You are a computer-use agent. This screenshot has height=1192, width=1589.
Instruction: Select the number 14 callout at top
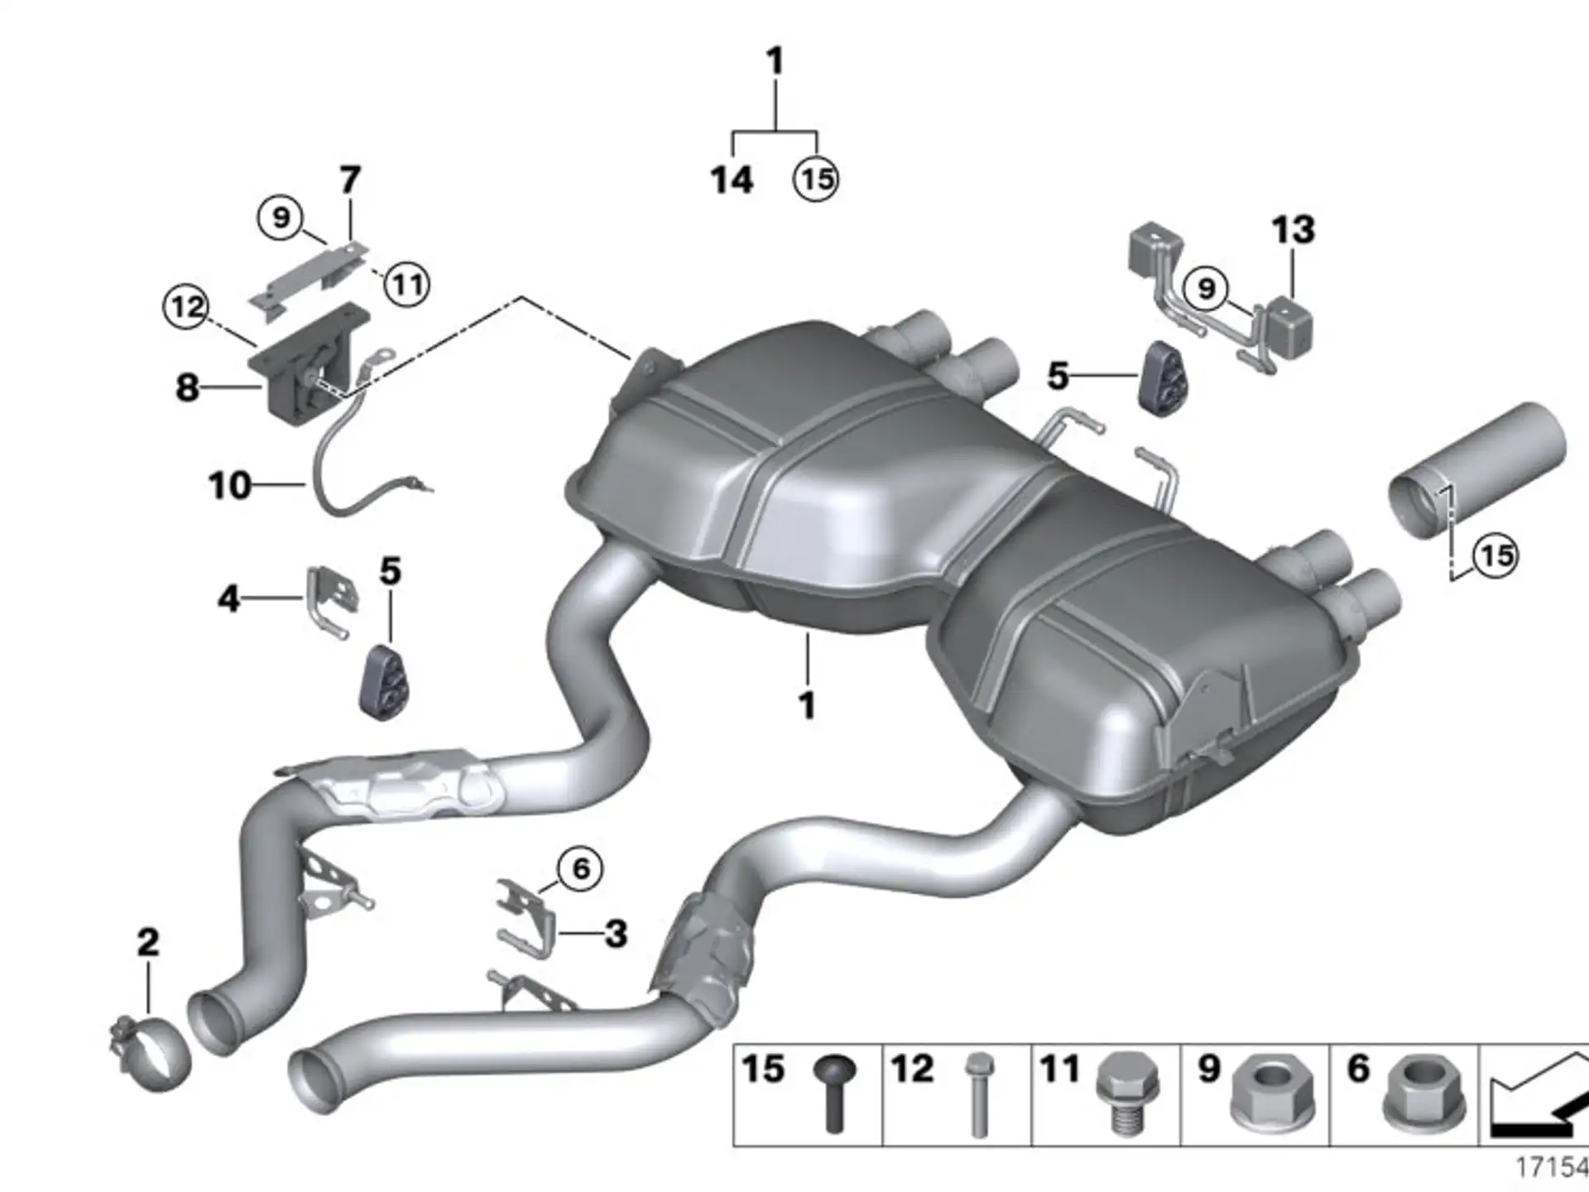pyautogui.click(x=732, y=180)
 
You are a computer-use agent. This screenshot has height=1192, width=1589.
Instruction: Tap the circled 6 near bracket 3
pyautogui.click(x=580, y=868)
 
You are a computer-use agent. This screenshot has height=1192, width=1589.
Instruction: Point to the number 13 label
pyautogui.click(x=1293, y=229)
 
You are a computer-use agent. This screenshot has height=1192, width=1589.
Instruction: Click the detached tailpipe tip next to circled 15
pyautogui.click(x=1477, y=470)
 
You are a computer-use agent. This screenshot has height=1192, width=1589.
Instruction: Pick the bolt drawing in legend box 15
pyautogui.click(x=834, y=1093)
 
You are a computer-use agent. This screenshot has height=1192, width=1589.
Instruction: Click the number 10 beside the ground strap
pyautogui.click(x=229, y=485)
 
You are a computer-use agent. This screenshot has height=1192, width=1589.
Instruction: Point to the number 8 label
pyautogui.click(x=188, y=387)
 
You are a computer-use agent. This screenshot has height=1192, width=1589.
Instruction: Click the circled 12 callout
pyautogui.click(x=186, y=307)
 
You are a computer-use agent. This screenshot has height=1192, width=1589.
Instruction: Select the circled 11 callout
pyautogui.click(x=406, y=285)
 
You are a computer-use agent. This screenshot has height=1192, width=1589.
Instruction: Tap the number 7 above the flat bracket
pyautogui.click(x=350, y=180)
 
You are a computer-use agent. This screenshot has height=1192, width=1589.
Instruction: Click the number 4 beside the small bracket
pyautogui.click(x=228, y=598)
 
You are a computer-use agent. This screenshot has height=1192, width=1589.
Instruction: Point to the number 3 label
pyautogui.click(x=616, y=934)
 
